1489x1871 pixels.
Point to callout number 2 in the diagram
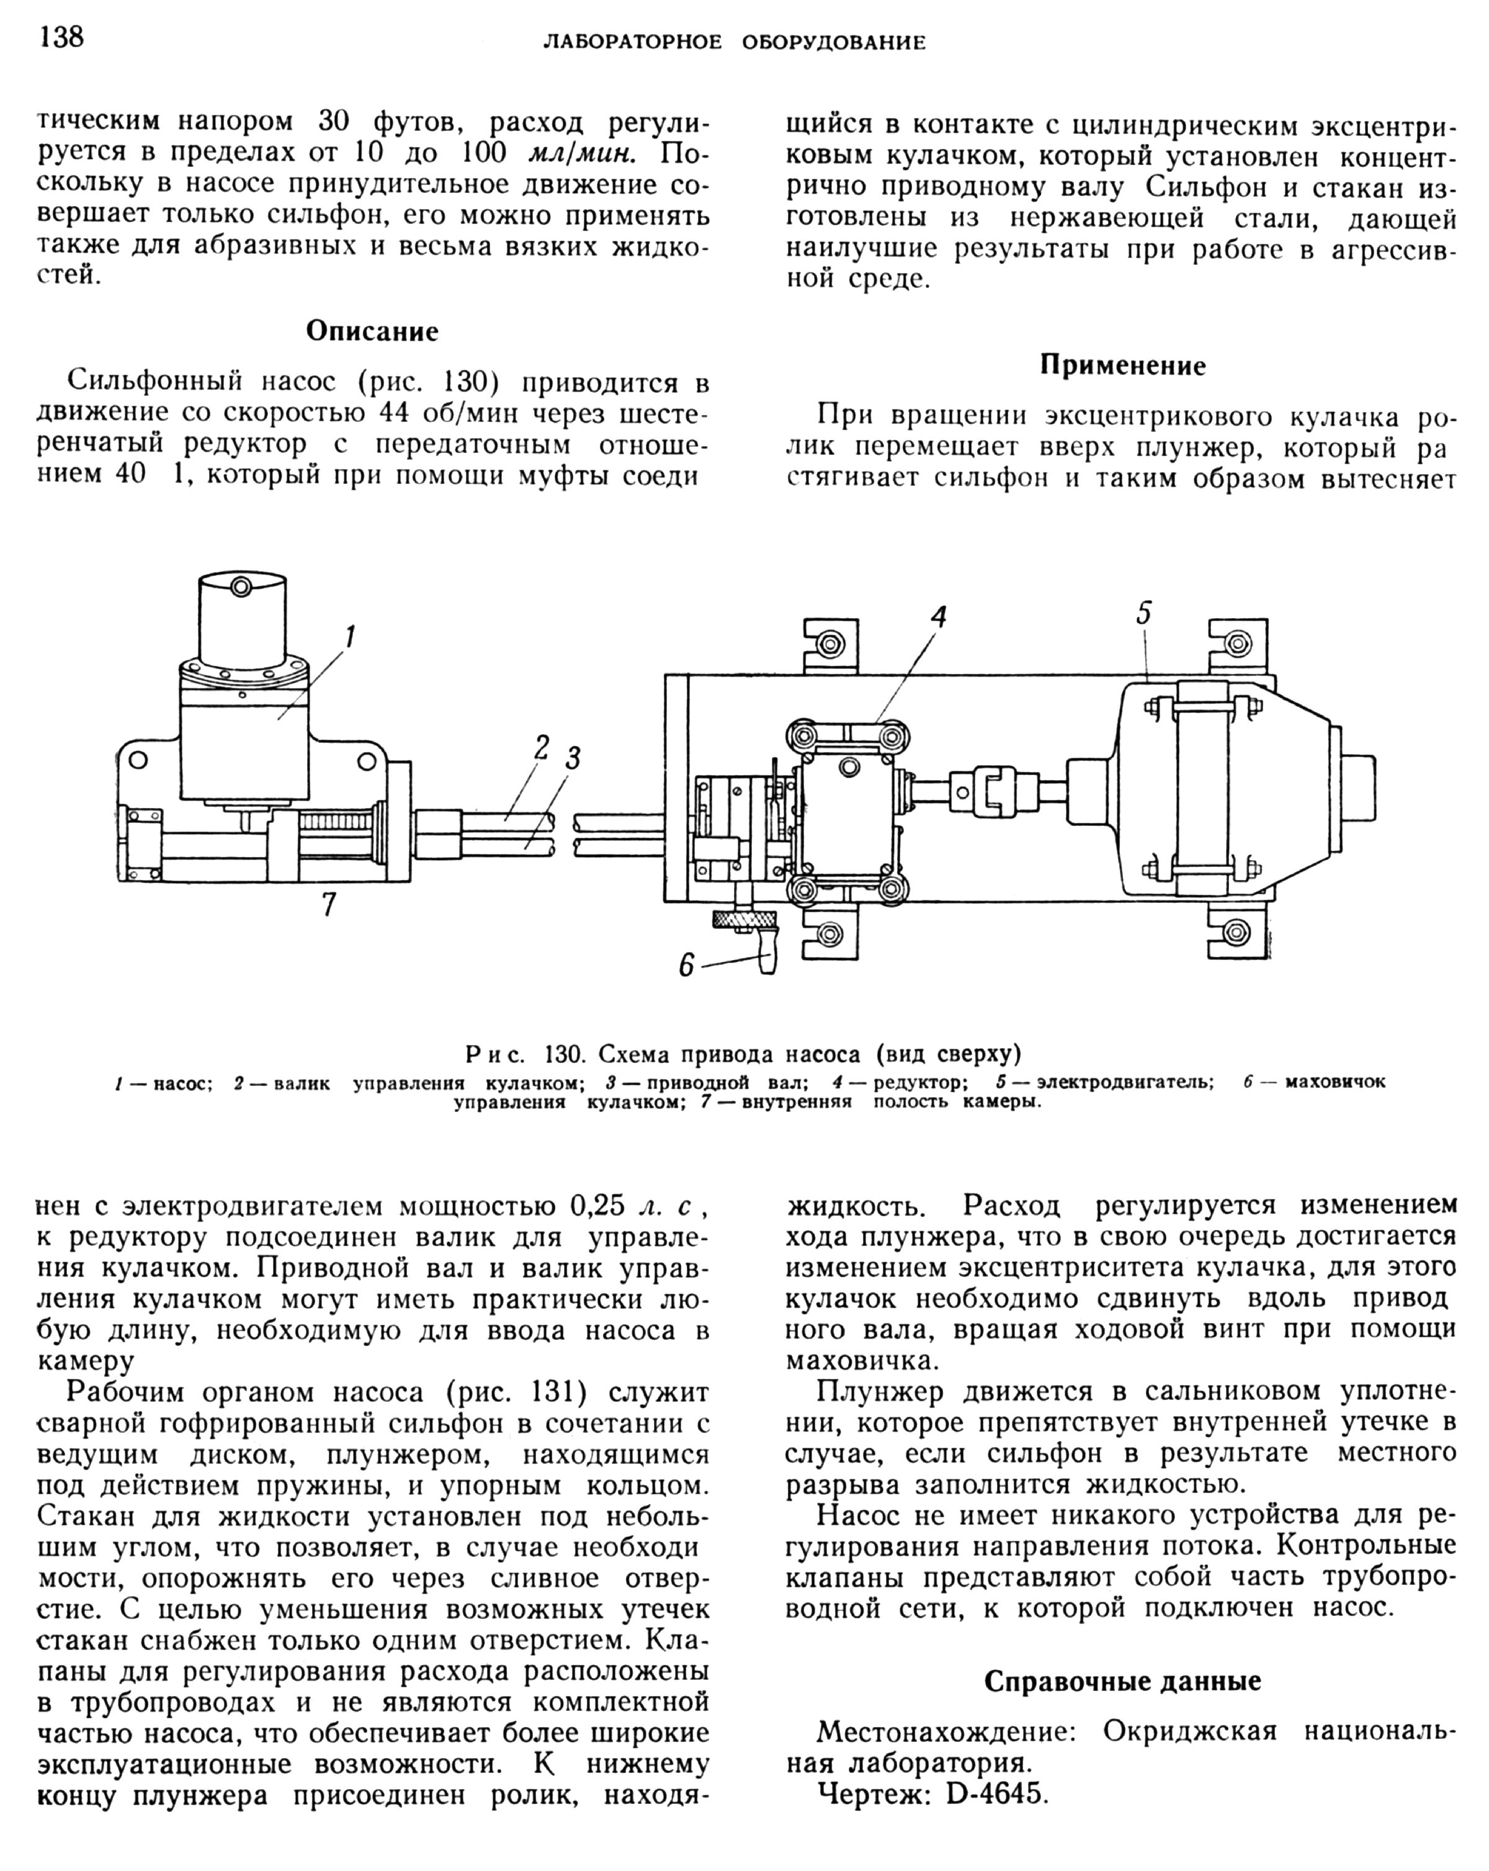pos(542,747)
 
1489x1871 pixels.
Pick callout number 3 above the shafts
pos(573,758)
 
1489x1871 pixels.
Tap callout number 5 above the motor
pos(1143,614)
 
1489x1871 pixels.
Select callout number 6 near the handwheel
pos(686,965)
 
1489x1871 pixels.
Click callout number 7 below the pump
pos(328,905)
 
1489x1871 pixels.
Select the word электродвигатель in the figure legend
pos(1125,1082)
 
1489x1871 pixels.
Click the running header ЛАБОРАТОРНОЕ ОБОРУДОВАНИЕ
pos(734,42)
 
